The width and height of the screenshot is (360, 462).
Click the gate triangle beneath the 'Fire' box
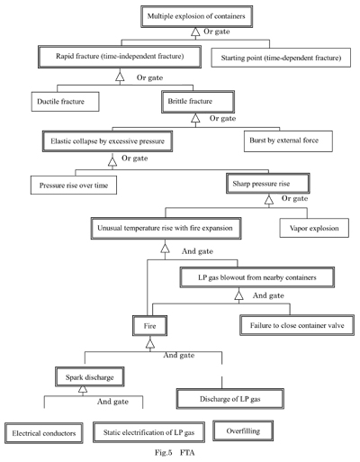click(x=150, y=344)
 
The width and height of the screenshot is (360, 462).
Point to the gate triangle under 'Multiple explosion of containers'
click(x=195, y=32)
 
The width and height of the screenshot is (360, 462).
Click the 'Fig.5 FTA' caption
click(x=175, y=452)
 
